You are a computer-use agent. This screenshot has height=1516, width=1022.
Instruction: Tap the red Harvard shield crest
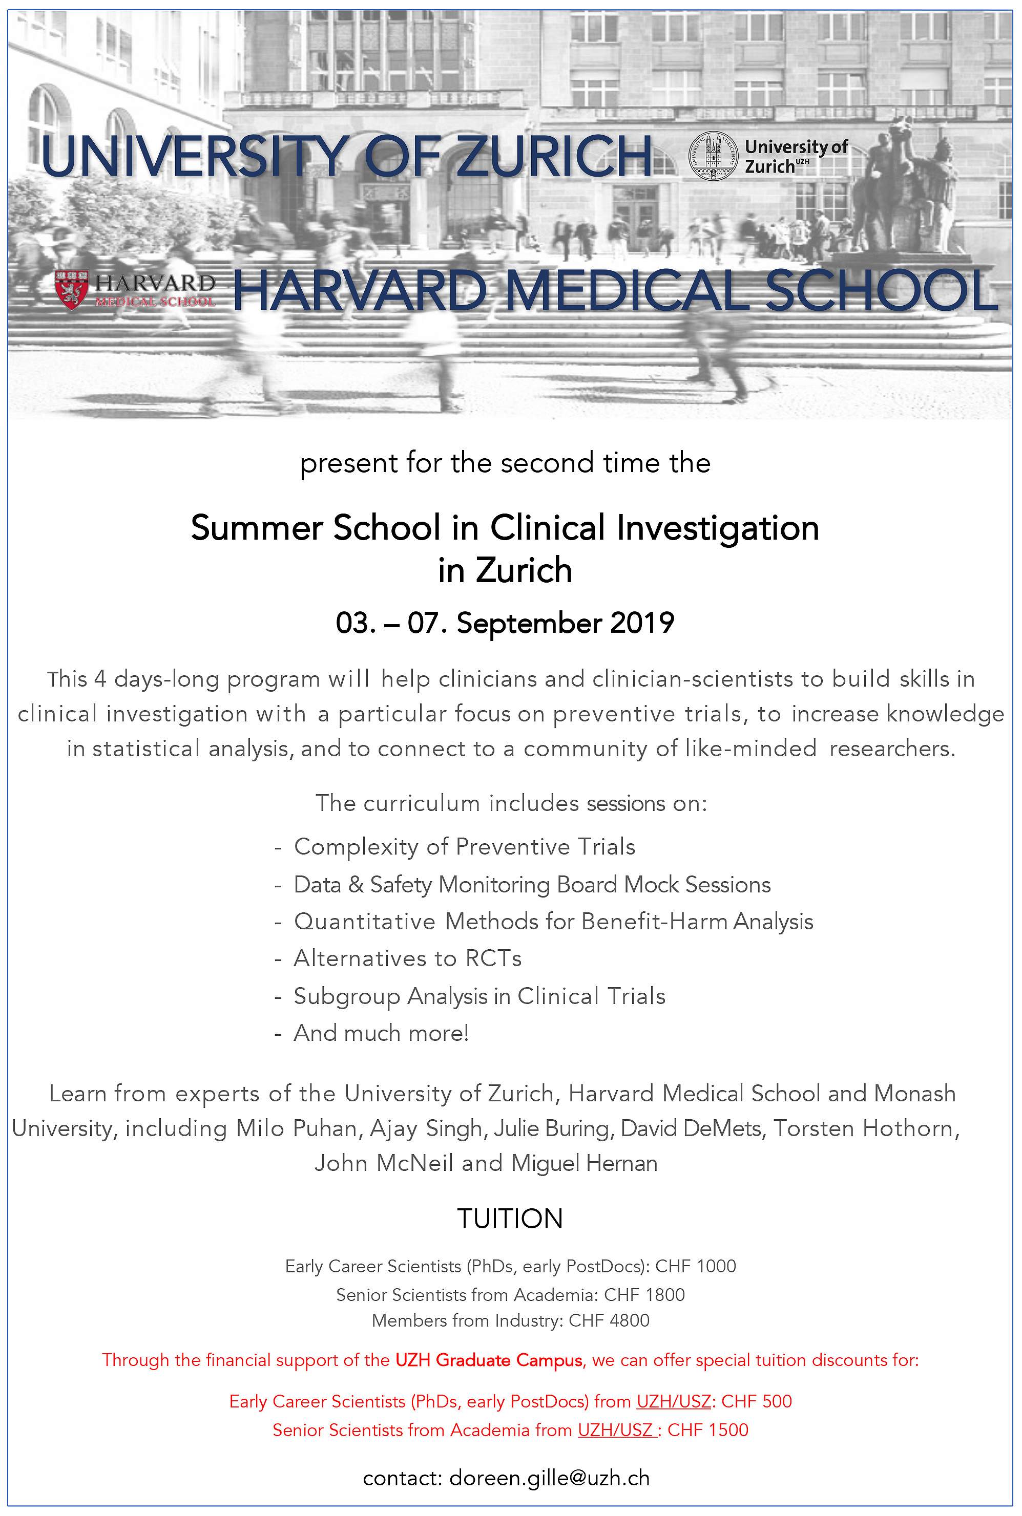72,289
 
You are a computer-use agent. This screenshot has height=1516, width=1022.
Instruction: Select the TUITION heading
510,1218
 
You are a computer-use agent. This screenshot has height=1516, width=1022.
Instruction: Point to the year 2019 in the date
642,623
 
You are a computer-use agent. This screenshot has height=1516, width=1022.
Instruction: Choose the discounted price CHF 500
756,1401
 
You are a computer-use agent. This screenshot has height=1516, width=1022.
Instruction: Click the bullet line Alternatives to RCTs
407,958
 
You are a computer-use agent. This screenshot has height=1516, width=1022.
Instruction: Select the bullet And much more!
381,1033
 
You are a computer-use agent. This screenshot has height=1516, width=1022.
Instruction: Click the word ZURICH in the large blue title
554,156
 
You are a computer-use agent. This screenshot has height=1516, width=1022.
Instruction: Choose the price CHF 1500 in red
708,1429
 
